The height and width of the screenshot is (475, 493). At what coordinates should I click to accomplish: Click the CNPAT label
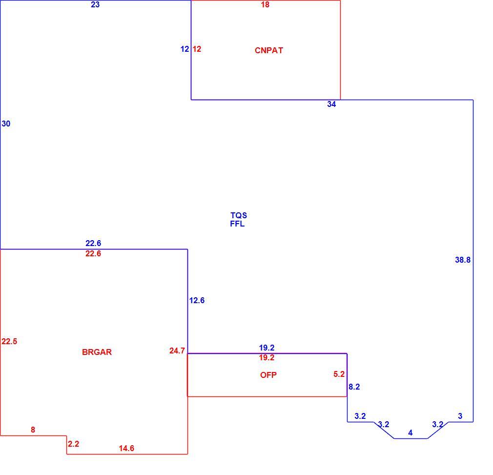pyautogui.click(x=269, y=50)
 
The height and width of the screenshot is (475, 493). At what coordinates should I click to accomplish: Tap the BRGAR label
pyautogui.click(x=97, y=352)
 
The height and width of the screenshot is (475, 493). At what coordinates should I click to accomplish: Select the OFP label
pyautogui.click(x=268, y=375)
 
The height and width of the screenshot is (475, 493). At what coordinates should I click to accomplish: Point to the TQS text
pyautogui.click(x=239, y=216)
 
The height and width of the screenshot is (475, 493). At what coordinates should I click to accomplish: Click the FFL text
pyautogui.click(x=237, y=224)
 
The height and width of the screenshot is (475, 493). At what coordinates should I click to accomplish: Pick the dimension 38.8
pyautogui.click(x=463, y=260)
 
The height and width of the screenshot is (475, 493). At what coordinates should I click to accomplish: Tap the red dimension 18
pyautogui.click(x=265, y=5)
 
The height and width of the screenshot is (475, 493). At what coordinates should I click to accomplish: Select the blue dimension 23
pyautogui.click(x=95, y=5)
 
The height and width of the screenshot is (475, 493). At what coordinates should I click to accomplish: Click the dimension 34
pyautogui.click(x=331, y=104)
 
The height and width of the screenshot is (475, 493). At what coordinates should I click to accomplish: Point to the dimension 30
pyautogui.click(x=6, y=124)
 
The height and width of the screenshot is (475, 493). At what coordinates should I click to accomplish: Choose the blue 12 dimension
pyautogui.click(x=185, y=49)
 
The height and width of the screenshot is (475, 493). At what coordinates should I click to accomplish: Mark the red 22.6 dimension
pyautogui.click(x=93, y=254)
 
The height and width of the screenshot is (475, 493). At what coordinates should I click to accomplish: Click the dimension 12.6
pyautogui.click(x=197, y=301)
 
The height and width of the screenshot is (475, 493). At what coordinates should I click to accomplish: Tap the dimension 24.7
pyautogui.click(x=177, y=351)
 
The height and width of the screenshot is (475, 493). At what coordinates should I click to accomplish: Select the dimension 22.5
pyautogui.click(x=9, y=341)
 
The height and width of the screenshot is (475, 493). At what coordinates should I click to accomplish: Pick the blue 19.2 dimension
pyautogui.click(x=267, y=348)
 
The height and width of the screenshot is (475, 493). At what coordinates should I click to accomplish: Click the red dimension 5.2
pyautogui.click(x=339, y=374)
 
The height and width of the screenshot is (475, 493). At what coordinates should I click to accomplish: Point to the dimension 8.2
pyautogui.click(x=354, y=387)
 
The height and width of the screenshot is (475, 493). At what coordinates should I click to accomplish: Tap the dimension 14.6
pyautogui.click(x=126, y=449)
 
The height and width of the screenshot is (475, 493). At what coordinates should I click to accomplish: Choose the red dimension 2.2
pyautogui.click(x=74, y=444)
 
